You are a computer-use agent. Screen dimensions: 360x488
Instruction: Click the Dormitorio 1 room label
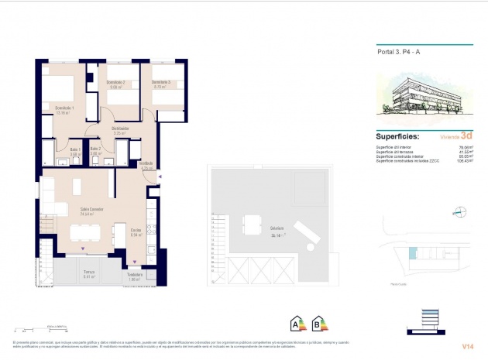(64, 107)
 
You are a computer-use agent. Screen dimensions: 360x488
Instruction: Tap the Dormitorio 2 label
(116, 83)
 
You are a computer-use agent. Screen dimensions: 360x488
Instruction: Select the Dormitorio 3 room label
(161, 83)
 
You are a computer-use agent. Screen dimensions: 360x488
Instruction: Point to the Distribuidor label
(119, 129)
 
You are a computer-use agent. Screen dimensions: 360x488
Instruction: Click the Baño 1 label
(75, 149)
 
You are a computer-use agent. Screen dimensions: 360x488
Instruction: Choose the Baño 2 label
(96, 149)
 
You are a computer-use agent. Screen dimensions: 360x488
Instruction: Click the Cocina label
(136, 230)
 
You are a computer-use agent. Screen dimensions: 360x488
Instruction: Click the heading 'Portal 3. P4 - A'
(398, 53)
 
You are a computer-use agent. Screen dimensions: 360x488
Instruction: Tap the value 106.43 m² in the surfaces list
(464, 160)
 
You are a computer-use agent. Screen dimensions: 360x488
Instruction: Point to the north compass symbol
(458, 210)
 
